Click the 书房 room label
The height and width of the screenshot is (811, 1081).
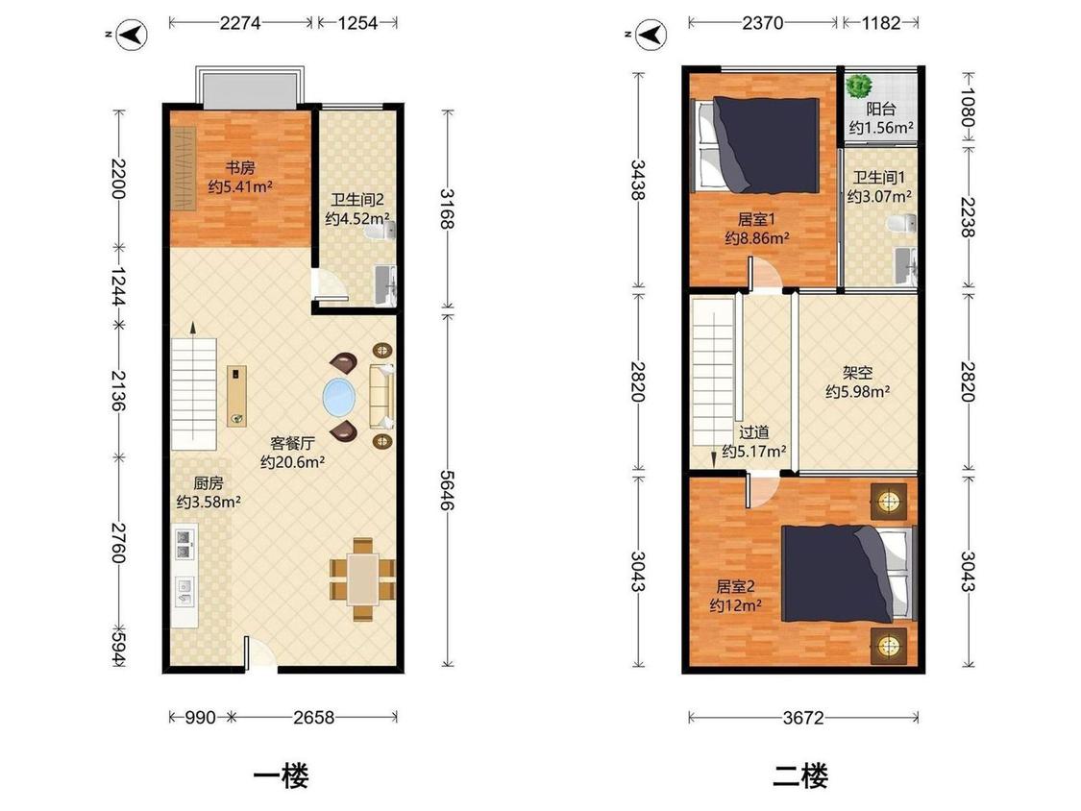point(241,167)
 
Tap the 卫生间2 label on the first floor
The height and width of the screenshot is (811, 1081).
point(357,200)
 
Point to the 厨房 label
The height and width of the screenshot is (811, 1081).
point(209,483)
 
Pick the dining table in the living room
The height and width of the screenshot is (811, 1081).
point(362,579)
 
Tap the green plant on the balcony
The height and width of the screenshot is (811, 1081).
point(859,86)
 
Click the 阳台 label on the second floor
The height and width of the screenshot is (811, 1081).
point(881,109)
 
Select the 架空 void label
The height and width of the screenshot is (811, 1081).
point(858,373)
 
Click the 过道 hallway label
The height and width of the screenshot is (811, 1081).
point(754,432)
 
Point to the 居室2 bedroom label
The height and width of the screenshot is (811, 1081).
point(736,587)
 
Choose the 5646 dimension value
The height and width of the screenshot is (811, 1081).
point(448,490)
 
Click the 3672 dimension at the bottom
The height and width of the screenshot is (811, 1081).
point(803,718)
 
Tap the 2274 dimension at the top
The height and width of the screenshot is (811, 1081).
point(240,23)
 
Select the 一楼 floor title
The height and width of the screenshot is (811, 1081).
point(281,776)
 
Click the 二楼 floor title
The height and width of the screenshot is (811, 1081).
point(800,776)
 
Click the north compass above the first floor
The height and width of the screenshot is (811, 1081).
point(131,35)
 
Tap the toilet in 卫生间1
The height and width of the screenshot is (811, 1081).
point(901,224)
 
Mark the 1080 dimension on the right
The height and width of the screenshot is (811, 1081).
point(968,108)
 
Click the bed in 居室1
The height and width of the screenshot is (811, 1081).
point(757,145)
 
